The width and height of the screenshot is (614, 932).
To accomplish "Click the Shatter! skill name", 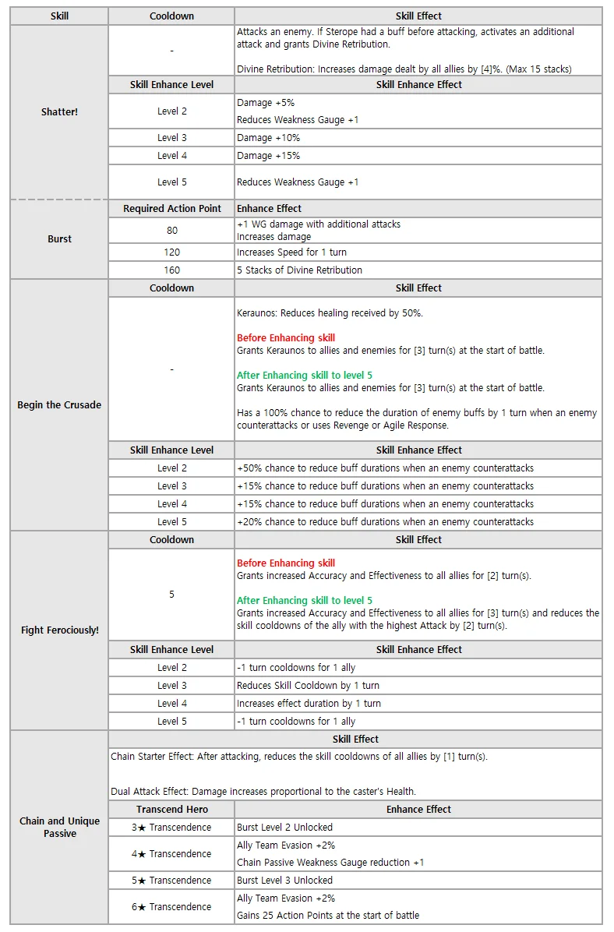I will pos(59,112).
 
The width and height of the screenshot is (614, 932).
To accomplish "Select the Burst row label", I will pos(59,239).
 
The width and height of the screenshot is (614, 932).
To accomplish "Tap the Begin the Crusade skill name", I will pos(59,405).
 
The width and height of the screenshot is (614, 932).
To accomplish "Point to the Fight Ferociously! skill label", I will pos(59,630).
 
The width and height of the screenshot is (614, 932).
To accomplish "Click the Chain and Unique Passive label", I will pos(59,827).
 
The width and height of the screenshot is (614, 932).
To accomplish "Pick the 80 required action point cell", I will pos(171,231).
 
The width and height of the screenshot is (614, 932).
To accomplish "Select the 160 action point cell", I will pos(171,270).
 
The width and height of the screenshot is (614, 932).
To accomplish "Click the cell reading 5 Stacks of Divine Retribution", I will pos(299,270).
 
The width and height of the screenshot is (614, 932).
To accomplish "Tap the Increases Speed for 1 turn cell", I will pos(291,252).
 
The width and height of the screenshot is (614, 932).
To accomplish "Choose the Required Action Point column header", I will pos(171,209).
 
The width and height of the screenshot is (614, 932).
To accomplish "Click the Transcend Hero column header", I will pos(171,810).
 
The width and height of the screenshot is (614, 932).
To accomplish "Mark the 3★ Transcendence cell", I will pos(171,828).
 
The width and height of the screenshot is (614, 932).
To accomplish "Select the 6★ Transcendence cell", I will pos(171,907).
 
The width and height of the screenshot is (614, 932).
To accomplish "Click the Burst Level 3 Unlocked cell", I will pos(284,881).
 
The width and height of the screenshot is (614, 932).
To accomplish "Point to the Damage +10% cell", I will pos(268,138).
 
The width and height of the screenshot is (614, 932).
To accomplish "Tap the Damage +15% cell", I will pos(268,156).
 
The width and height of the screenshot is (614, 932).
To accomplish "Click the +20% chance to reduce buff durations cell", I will pos(385,522).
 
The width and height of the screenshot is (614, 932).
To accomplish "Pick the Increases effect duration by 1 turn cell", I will pos(309,704).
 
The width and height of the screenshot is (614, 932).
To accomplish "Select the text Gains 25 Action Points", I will pos(327,916).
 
